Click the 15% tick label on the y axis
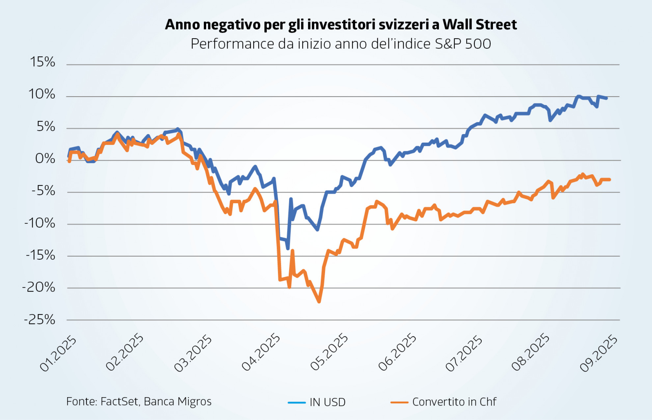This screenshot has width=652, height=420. [42, 62]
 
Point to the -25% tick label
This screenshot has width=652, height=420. [40, 320]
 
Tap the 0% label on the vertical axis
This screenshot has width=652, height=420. [45, 158]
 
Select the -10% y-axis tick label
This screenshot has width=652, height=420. [40, 223]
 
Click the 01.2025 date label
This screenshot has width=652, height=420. [58, 354]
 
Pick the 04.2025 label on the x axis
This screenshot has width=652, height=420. [261, 352]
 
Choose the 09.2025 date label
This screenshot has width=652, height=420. [599, 353]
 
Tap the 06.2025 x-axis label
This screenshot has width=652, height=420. [397, 352]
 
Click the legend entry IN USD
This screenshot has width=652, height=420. [327, 402]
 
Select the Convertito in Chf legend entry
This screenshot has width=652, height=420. [454, 402]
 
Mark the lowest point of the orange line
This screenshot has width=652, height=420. [319, 301]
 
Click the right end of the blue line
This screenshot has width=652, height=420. [607, 98]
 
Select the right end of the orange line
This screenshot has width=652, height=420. [610, 180]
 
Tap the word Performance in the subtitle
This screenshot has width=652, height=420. [232, 44]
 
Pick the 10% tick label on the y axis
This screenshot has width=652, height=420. [42, 94]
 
